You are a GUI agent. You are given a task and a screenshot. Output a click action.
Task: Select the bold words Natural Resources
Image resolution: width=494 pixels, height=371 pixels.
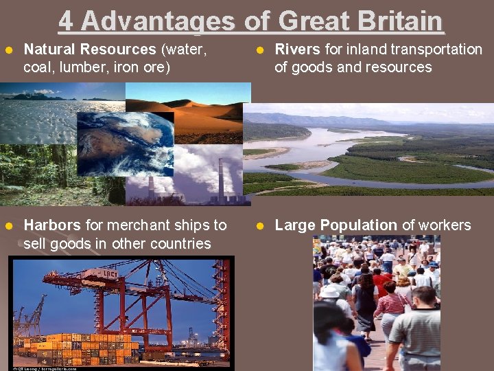click(90, 49)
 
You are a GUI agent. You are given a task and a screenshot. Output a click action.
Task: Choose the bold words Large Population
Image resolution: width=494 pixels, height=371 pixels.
click(336, 225)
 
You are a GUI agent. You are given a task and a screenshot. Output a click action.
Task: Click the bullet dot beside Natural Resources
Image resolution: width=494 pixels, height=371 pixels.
click(8, 50)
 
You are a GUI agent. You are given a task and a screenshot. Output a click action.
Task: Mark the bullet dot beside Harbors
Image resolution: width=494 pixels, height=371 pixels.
click(8, 226)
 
